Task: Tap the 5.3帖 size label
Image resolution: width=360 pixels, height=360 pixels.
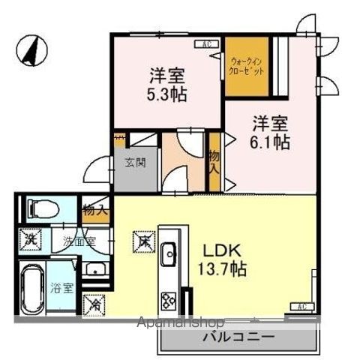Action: click(x=167, y=96)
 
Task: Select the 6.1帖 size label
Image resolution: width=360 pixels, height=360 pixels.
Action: click(x=270, y=142)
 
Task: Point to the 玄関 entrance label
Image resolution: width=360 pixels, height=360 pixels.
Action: click(x=135, y=162)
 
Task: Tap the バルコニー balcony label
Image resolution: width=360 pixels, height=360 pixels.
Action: click(x=238, y=337)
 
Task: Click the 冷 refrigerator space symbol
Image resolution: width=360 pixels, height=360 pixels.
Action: click(x=96, y=305)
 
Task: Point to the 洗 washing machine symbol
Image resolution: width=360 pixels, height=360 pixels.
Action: click(x=30, y=241)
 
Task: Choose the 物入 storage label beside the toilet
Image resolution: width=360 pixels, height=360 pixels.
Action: click(x=95, y=210)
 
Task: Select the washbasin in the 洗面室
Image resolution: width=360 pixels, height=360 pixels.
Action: click(x=95, y=270)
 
